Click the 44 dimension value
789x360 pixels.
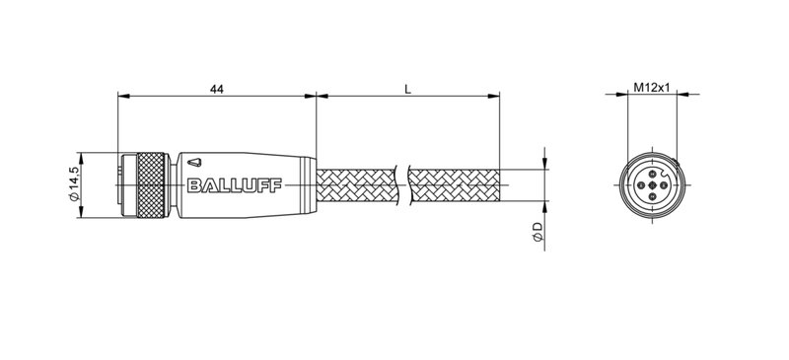pyautogui.click(x=214, y=90)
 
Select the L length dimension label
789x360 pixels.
pyautogui.click(x=408, y=90)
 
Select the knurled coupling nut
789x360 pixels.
pyautogui.click(x=149, y=183)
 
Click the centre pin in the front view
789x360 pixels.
pyautogui.click(x=651, y=184)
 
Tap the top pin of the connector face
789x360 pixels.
pyautogui.click(x=651, y=175)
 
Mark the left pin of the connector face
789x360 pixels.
pyautogui.click(x=641, y=184)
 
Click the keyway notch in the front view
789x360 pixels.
pyautogui.click(x=665, y=173)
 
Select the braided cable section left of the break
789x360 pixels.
pyautogui.click(x=355, y=184)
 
